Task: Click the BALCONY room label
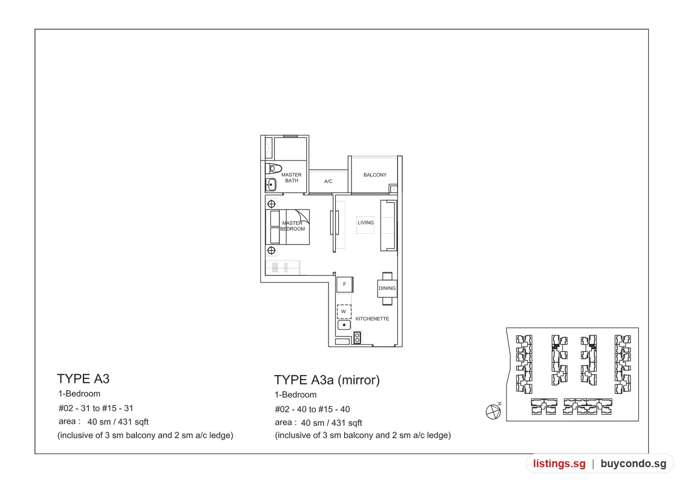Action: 375,175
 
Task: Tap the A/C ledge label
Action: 328,181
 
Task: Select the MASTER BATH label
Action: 292,178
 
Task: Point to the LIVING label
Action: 366,223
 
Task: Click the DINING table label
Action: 387,288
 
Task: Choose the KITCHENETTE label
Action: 372,319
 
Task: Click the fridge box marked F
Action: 345,285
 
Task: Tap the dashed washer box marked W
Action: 344,312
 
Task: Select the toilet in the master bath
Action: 273,168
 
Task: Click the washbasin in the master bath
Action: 271,185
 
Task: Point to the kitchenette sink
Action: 344,325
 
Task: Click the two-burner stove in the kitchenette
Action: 357,338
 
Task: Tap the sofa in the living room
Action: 389,226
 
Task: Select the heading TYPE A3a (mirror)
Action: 327,380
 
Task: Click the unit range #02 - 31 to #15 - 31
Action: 96,408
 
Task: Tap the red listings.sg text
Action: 560,464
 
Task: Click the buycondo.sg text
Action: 633,464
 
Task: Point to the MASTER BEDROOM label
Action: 292,226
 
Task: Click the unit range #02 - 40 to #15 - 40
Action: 312,409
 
